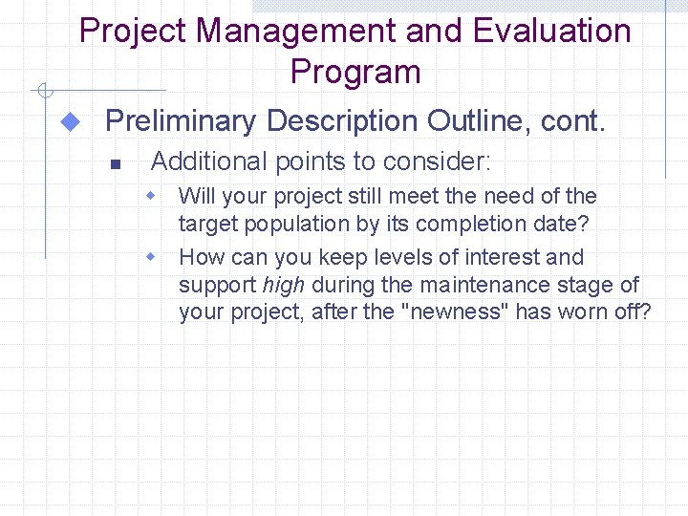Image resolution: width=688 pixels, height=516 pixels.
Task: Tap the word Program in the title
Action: [x=355, y=72]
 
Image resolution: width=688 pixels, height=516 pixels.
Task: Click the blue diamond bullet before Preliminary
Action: [x=69, y=122]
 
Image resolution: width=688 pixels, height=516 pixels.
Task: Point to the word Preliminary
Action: [x=181, y=121]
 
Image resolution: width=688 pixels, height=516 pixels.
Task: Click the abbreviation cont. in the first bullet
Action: [x=573, y=121]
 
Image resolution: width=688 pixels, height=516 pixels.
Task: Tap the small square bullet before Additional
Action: [x=114, y=163]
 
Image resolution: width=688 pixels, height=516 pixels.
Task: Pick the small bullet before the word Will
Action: [x=150, y=196]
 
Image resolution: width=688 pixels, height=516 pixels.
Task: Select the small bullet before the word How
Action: [x=150, y=257]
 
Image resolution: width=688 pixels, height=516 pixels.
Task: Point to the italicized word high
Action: [x=283, y=285]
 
